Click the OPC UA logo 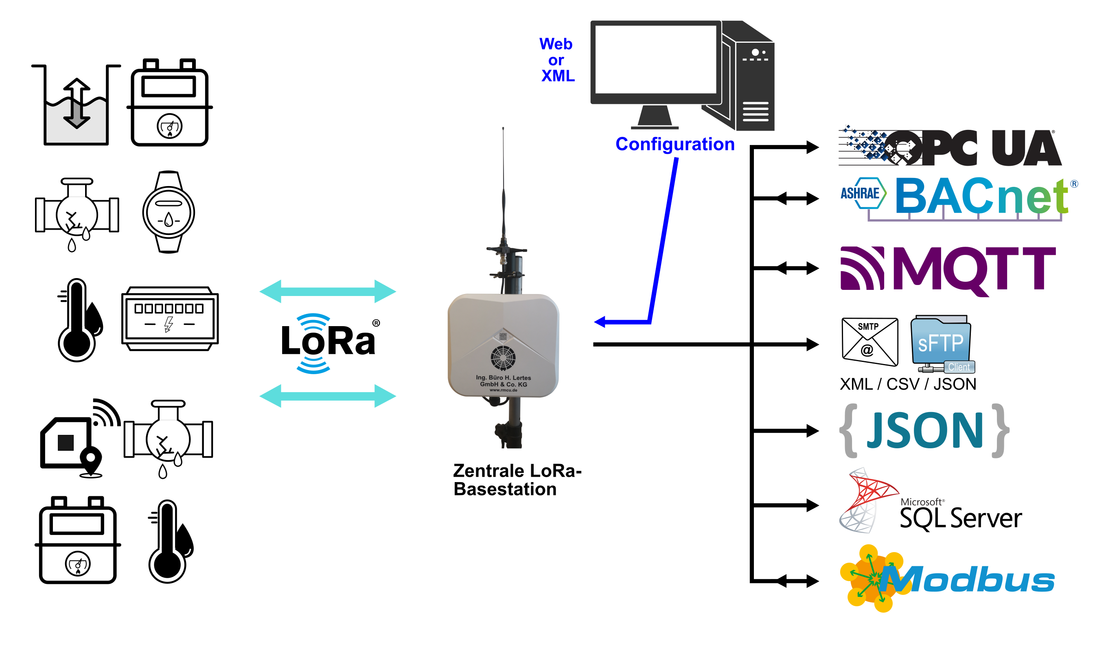[x=950, y=147]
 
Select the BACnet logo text [x=981, y=196]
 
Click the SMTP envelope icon [x=869, y=342]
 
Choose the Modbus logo [x=948, y=579]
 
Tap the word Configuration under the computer [x=675, y=144]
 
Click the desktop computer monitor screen [x=656, y=59]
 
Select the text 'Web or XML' [x=556, y=60]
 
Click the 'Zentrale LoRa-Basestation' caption [x=517, y=480]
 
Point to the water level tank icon [x=76, y=105]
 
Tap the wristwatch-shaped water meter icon [x=169, y=212]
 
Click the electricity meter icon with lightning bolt [x=170, y=318]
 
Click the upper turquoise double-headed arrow [x=327, y=291]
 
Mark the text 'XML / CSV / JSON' [x=908, y=384]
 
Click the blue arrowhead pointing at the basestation [x=600, y=322]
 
